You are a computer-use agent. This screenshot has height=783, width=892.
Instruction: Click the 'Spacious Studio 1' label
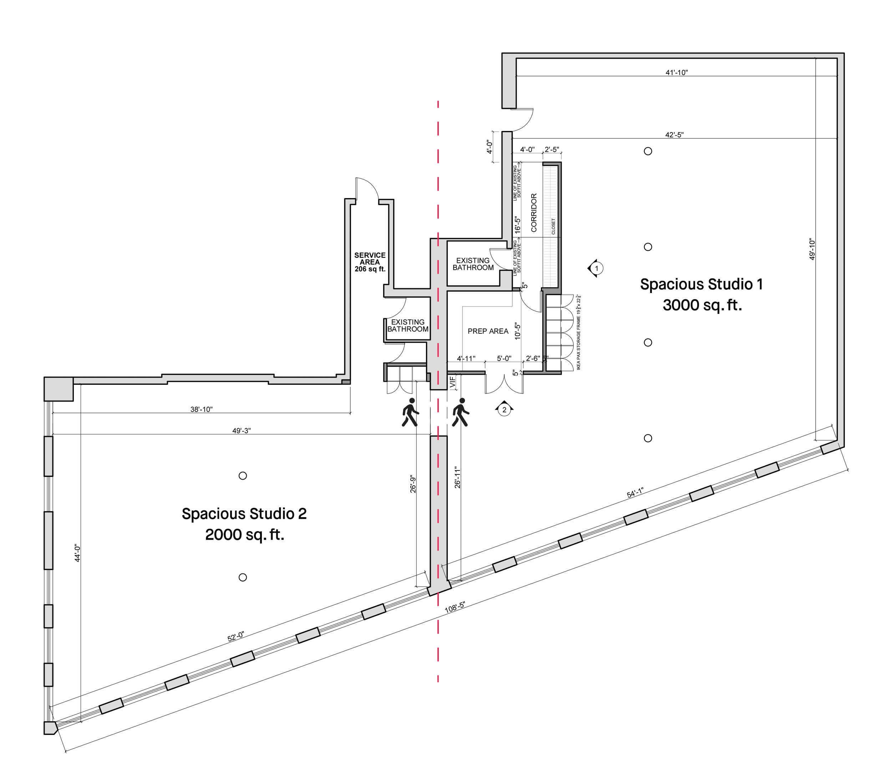pos(701,284)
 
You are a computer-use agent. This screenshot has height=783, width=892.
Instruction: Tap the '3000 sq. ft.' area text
pos(701,305)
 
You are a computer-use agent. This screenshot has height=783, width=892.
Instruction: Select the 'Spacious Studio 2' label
pos(244,514)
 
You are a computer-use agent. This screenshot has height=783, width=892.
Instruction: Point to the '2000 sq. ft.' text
pos(245,535)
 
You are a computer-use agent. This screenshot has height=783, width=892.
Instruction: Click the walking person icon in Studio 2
pos(410,415)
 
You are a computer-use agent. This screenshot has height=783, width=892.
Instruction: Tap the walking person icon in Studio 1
pos(460,413)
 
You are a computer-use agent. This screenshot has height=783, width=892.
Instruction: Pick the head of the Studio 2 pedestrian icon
pos(411,401)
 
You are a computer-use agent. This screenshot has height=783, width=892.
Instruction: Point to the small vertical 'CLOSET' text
pos(554,227)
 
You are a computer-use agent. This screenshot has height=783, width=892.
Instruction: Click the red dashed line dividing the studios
pos(438,175)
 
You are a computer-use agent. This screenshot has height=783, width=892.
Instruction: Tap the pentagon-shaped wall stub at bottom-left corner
pos(50,728)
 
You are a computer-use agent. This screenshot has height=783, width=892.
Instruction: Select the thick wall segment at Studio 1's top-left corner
pos(509,83)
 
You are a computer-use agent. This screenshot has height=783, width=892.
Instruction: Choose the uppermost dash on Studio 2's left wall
pos(49,456)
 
